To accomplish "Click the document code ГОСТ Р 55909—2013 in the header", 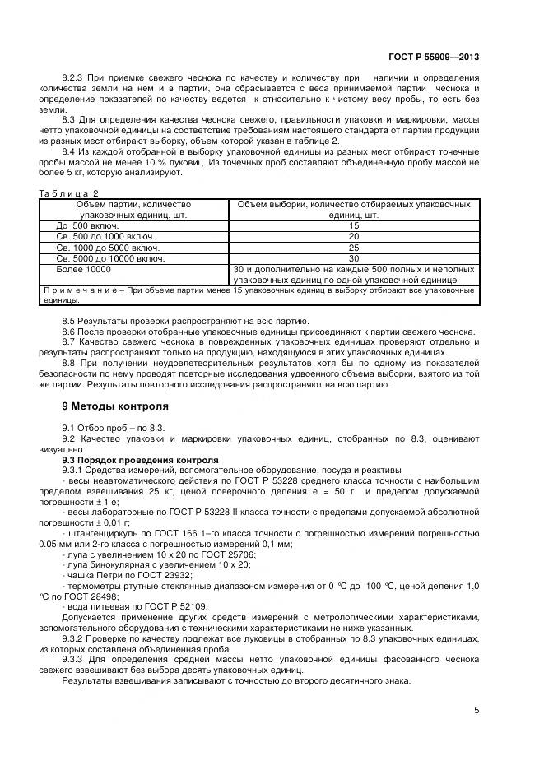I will coord(433,58).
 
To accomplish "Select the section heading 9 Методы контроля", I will coord(115,406).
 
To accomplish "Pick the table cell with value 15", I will coord(354,225).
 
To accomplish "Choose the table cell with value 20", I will coord(354,235).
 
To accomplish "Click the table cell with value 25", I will coord(354,247).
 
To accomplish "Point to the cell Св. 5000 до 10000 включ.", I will coord(109,257).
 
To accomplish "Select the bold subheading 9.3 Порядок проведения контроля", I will coord(141,460).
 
